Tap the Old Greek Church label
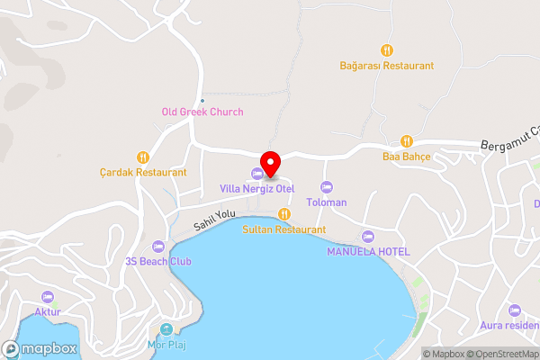pyautogui.click(x=202, y=112)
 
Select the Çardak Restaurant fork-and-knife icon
pyautogui.click(x=142, y=157)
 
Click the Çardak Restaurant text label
pyautogui.click(x=143, y=172)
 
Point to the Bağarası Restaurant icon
pyautogui.click(x=386, y=50)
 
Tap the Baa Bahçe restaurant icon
pyautogui.click(x=407, y=140)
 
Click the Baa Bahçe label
pyautogui.click(x=407, y=156)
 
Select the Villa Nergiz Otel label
pyautogui.click(x=257, y=189)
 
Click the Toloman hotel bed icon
pyautogui.click(x=327, y=187)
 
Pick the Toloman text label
pyautogui.click(x=327, y=202)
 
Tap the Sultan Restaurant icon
pyautogui.click(x=283, y=214)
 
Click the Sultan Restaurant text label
pyautogui.click(x=283, y=229)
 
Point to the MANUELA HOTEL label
pyautogui.click(x=367, y=251)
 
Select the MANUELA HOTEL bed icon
pyautogui.click(x=367, y=236)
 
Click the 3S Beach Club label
pyautogui.click(x=159, y=261)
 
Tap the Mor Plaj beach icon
pyautogui.click(x=166, y=328)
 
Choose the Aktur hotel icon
pyautogui.click(x=48, y=296)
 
